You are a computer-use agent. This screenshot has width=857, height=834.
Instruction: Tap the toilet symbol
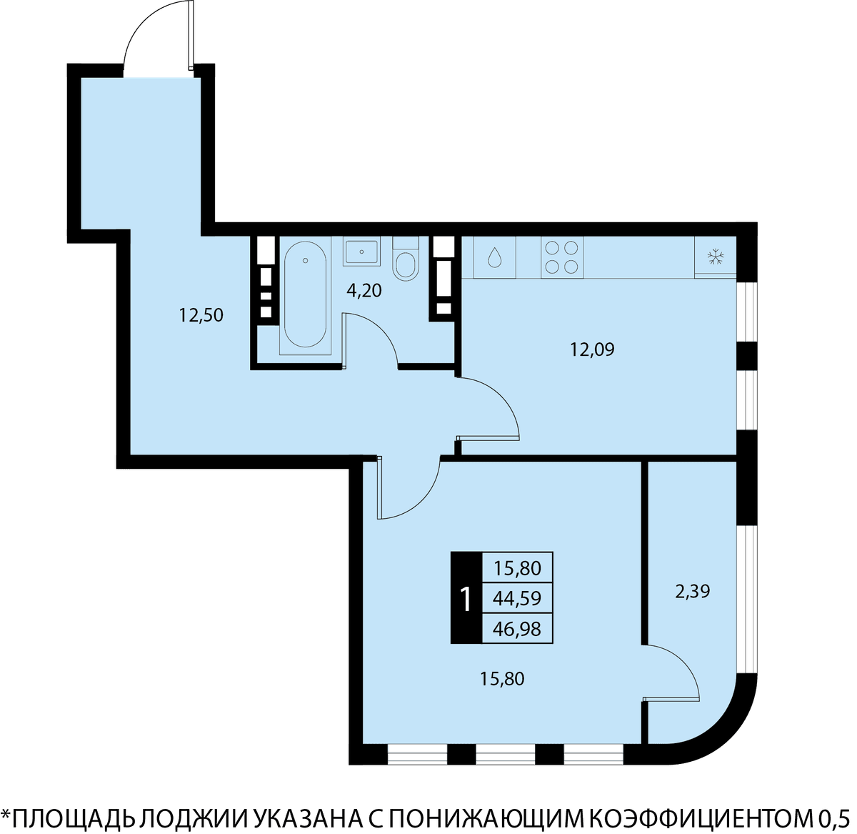tap(405, 259)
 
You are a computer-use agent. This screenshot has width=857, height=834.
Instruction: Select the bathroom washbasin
tap(361, 252)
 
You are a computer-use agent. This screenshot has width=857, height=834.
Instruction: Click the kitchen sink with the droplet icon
tap(494, 257)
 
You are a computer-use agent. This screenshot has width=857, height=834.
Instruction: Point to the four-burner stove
tap(562, 257)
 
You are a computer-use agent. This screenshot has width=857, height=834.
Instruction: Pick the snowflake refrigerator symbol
tap(715, 257)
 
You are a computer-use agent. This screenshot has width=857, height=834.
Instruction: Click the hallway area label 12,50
tap(201, 316)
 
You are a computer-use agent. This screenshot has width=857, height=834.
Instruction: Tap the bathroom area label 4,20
tap(364, 291)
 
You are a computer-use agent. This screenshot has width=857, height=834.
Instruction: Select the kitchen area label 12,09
tap(592, 349)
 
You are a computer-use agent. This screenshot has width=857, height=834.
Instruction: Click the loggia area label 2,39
tap(692, 592)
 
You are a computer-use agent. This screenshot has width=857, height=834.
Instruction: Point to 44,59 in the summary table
tap(517, 599)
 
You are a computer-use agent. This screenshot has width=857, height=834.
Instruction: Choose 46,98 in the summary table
tap(517, 629)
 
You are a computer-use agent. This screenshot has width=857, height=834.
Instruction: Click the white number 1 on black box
tap(466, 600)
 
